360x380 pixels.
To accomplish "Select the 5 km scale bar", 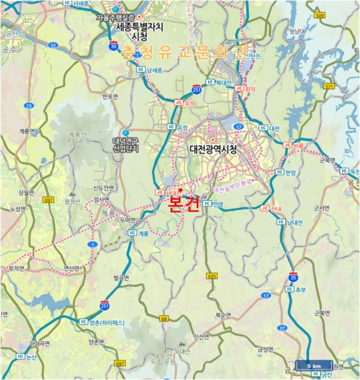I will pos(314,365).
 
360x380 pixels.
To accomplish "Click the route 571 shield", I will pos(343,86).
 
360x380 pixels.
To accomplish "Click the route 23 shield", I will pos(29,106).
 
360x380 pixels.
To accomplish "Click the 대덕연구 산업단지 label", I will pos(126,144).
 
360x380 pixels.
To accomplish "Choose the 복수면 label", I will pos(223,315).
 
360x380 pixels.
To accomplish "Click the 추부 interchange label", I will pos(301,290).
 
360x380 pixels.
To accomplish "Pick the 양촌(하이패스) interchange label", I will pos(107,322).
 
